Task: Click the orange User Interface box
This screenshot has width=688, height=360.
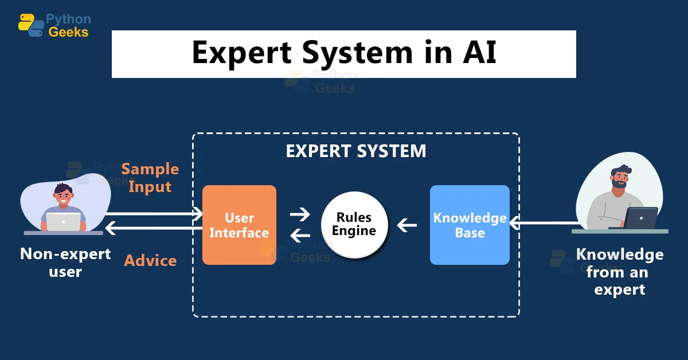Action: click(x=239, y=225)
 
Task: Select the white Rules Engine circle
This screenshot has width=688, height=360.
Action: click(x=354, y=224)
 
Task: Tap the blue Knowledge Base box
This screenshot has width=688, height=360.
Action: click(x=470, y=225)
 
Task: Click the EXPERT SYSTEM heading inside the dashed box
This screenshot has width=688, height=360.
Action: click(x=356, y=151)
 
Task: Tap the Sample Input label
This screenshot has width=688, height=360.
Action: click(x=150, y=178)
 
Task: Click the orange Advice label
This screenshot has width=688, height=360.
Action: click(x=150, y=260)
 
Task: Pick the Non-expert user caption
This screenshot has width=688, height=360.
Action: click(x=65, y=262)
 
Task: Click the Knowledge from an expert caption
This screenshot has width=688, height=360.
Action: click(x=619, y=272)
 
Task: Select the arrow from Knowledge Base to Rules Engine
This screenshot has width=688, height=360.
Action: click(x=407, y=225)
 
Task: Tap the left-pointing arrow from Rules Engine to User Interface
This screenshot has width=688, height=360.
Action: click(x=299, y=234)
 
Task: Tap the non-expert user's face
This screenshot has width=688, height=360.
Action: click(x=63, y=198)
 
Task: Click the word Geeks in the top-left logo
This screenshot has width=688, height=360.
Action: click(x=69, y=32)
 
